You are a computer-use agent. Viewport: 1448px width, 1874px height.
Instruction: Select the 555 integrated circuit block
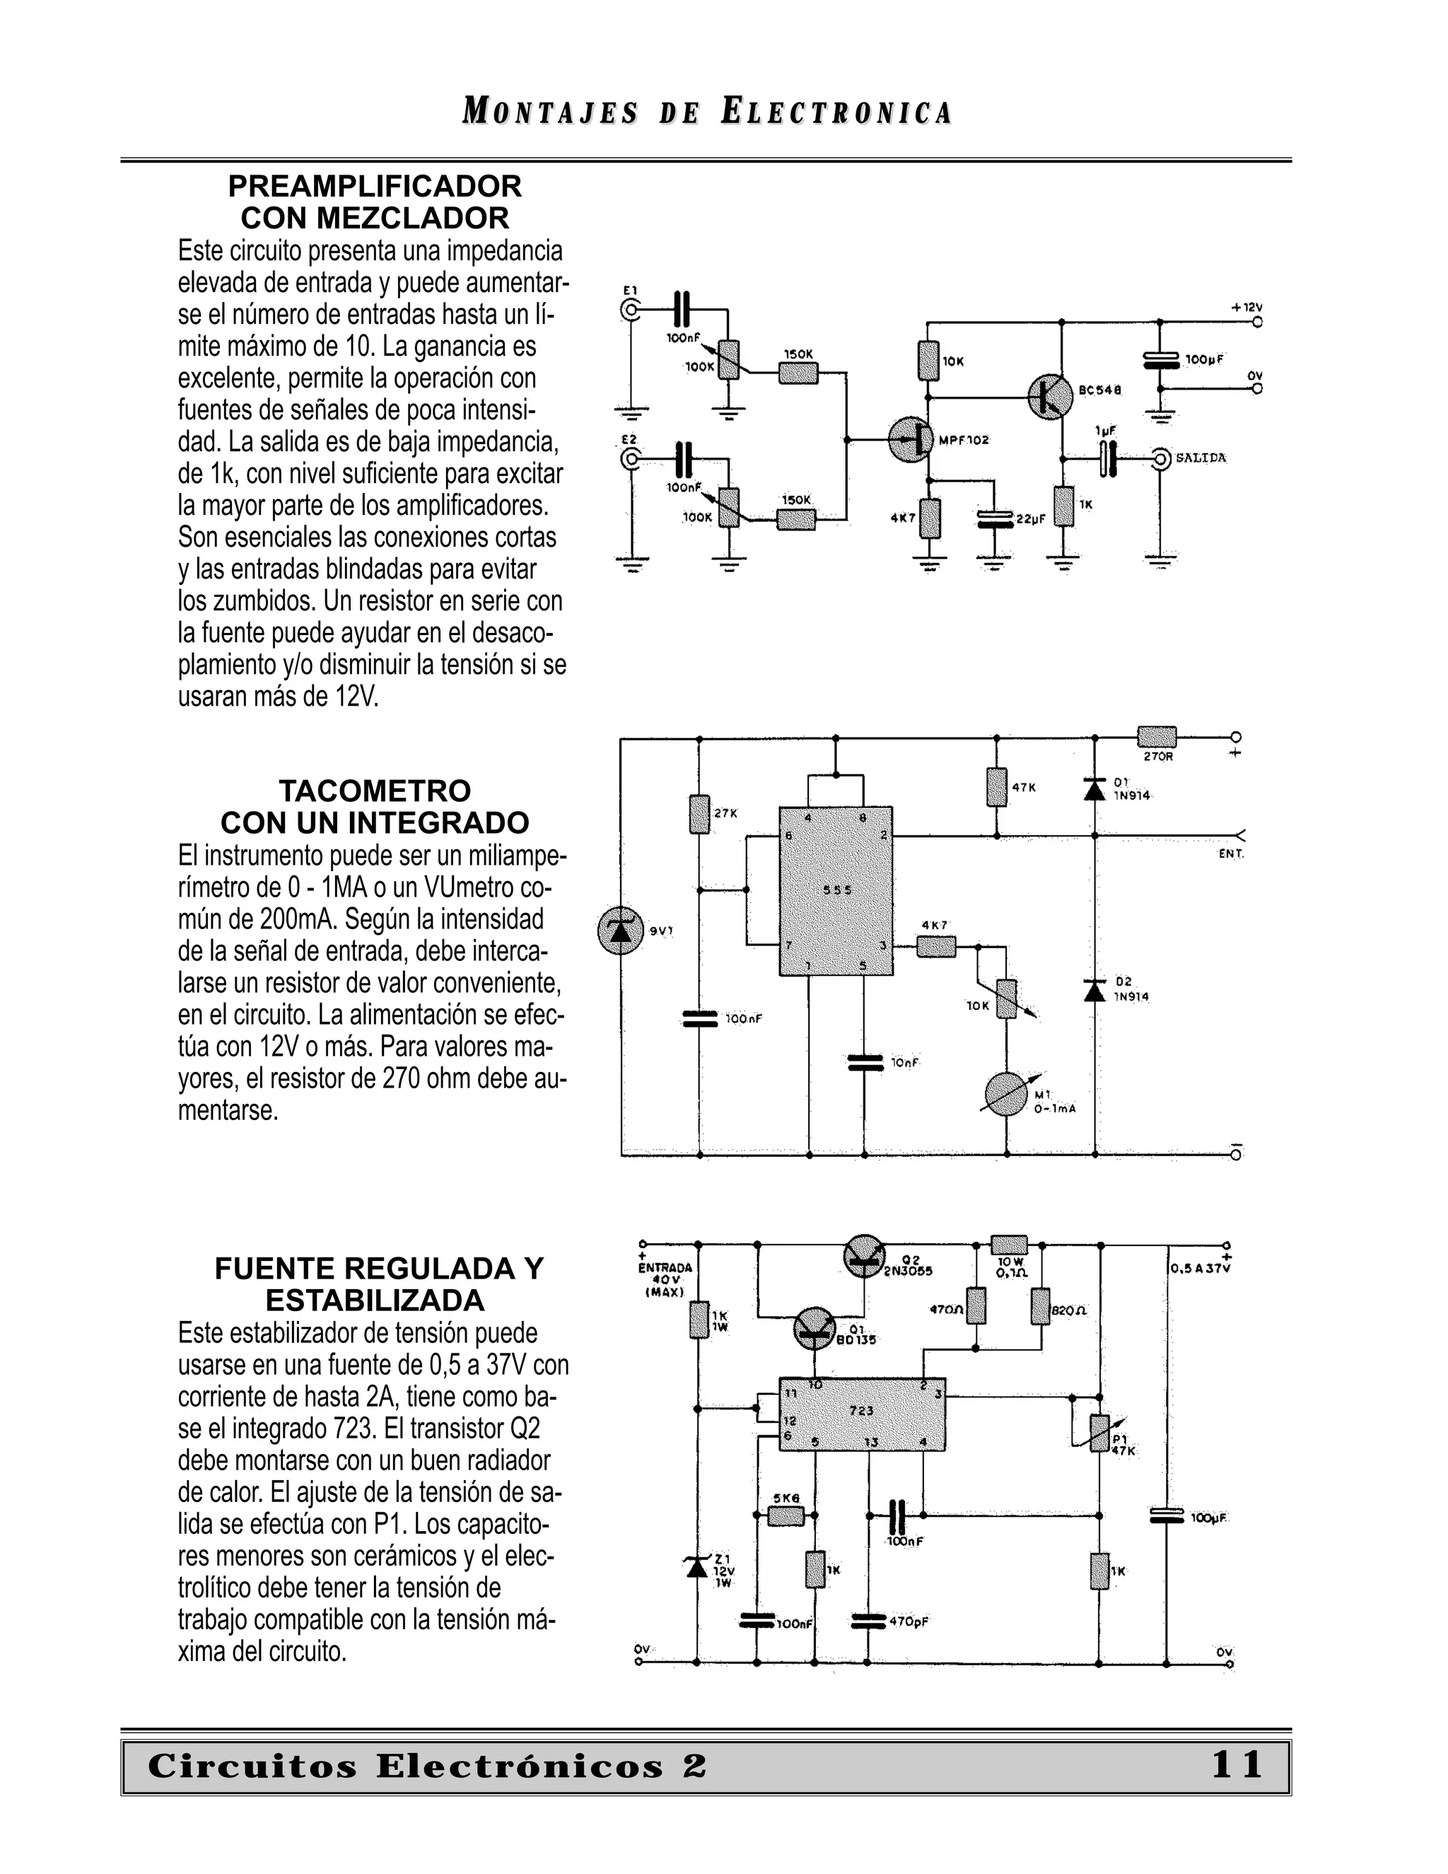click(x=836, y=890)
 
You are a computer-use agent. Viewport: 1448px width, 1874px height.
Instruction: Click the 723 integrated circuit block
click(x=861, y=1414)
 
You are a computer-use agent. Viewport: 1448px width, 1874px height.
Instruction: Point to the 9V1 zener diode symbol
click(x=620, y=931)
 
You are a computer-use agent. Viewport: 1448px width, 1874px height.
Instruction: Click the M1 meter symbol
click(x=1006, y=1094)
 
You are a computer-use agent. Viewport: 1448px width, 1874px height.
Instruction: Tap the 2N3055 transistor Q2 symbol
click(x=866, y=1257)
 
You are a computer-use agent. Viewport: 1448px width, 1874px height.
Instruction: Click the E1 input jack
click(x=631, y=310)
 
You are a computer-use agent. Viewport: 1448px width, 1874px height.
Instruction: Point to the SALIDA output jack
click(x=1161, y=459)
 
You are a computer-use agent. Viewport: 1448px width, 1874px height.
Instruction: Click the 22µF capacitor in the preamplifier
click(x=995, y=518)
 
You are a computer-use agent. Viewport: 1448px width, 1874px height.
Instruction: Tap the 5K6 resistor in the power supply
click(x=785, y=1515)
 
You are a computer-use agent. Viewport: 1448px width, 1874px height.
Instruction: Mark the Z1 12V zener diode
click(x=696, y=1567)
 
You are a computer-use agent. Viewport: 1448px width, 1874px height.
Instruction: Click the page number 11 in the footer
click(x=1236, y=1765)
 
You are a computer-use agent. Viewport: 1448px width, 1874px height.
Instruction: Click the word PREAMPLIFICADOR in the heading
click(x=375, y=186)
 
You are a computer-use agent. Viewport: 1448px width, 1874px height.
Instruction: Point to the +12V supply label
click(x=1246, y=307)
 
